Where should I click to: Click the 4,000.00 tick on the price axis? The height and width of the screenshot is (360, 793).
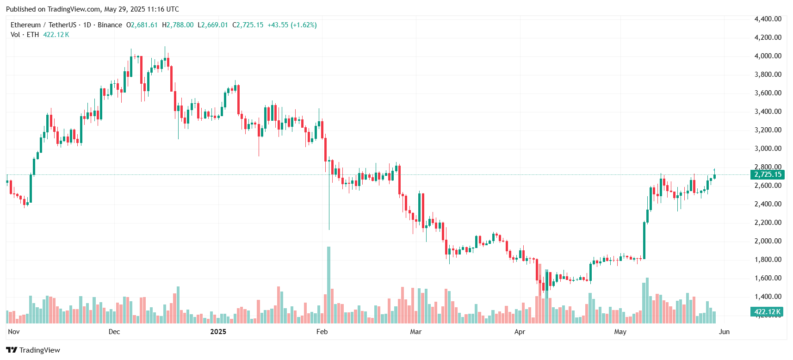(x=768, y=56)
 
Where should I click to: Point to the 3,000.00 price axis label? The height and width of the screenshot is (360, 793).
(x=768, y=149)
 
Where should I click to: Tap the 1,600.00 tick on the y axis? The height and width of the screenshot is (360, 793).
(x=768, y=278)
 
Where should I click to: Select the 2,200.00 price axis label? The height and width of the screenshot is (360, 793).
(x=768, y=223)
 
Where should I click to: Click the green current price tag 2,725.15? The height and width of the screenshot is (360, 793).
(x=768, y=174)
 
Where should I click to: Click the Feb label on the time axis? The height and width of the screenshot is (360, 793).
(x=322, y=332)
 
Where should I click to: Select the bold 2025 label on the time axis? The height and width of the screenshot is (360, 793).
(x=218, y=332)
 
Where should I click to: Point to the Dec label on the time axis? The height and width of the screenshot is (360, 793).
(x=114, y=332)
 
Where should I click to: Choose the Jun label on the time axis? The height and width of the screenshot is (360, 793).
(x=724, y=332)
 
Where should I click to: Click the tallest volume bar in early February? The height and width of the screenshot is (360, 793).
(x=328, y=285)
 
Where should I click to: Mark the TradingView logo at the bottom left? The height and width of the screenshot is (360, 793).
(x=33, y=350)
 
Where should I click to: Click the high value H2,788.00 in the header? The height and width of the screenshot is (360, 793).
(x=178, y=25)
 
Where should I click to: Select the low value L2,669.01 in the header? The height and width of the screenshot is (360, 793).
(x=213, y=25)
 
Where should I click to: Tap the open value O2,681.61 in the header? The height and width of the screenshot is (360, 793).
(x=142, y=25)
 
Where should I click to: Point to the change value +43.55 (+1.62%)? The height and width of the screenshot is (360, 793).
(x=292, y=25)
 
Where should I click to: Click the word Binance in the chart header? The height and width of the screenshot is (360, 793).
(x=110, y=25)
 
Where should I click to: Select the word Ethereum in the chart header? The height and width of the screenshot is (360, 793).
(x=26, y=25)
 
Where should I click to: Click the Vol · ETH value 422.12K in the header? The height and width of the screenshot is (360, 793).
(x=56, y=35)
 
